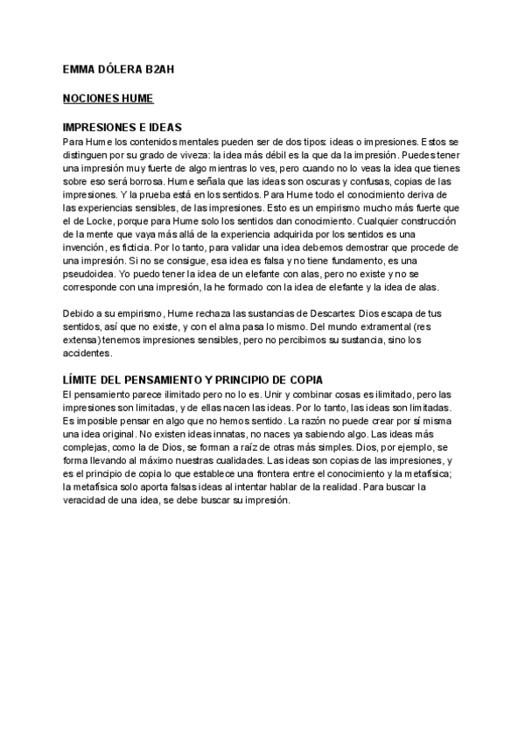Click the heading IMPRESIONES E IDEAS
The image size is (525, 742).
[x=122, y=127]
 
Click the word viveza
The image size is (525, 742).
[x=192, y=154]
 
